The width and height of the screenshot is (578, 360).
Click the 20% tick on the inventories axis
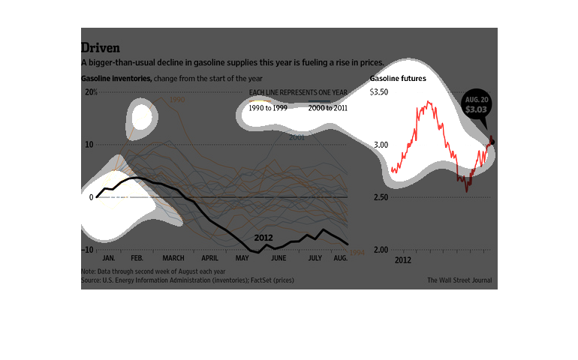pyautogui.click(x=91, y=92)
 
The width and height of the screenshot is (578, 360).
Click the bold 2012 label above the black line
pyautogui.click(x=263, y=237)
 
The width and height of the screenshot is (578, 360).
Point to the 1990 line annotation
pyautogui.click(x=177, y=100)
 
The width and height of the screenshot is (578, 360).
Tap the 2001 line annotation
pyautogui.click(x=297, y=137)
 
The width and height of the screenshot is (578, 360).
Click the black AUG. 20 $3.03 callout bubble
pyautogui.click(x=474, y=104)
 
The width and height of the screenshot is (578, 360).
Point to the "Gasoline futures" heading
pyautogui.click(x=398, y=79)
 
